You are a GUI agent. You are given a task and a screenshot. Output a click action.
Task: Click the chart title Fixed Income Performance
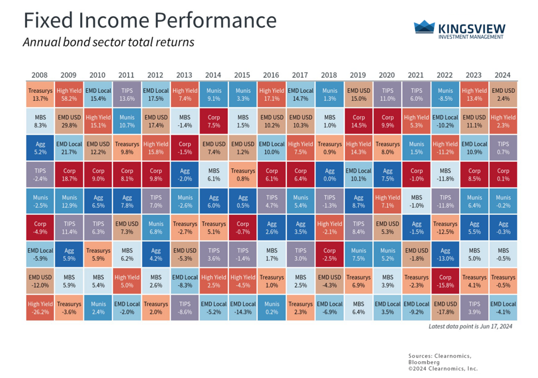(x=150, y=20)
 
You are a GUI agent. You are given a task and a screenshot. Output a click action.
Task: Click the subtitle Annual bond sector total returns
(x=108, y=42)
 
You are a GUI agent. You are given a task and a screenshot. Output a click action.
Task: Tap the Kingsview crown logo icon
(x=424, y=27)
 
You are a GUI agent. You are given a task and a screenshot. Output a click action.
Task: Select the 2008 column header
(x=40, y=75)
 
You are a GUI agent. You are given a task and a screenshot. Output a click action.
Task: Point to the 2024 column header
(x=503, y=75)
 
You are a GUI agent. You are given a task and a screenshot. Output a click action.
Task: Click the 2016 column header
(x=272, y=75)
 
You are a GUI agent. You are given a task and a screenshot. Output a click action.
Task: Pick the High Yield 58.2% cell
(x=69, y=94)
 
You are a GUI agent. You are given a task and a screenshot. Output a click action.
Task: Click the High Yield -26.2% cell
(x=40, y=308)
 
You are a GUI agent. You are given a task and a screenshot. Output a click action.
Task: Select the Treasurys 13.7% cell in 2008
(x=40, y=94)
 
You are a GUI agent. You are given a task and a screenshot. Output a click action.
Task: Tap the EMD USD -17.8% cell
(x=445, y=308)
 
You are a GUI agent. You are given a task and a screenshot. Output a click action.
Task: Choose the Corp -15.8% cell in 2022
(x=445, y=281)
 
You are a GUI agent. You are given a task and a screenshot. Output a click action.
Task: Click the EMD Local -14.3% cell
(x=243, y=308)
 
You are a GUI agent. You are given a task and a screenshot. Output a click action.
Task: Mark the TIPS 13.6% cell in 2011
(x=127, y=94)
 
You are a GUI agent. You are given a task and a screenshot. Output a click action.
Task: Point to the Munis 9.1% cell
(x=214, y=94)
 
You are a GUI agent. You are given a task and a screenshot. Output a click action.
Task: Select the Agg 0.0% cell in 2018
(x=329, y=175)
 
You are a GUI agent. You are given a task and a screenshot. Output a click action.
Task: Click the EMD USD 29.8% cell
(x=69, y=121)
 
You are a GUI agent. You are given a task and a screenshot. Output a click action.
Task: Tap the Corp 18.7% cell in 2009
(x=69, y=175)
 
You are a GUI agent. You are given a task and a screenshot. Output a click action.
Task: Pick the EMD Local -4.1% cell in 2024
(x=503, y=308)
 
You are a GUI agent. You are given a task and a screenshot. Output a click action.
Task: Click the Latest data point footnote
(x=470, y=327)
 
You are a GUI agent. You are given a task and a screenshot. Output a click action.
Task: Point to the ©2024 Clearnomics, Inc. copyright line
(x=443, y=369)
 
